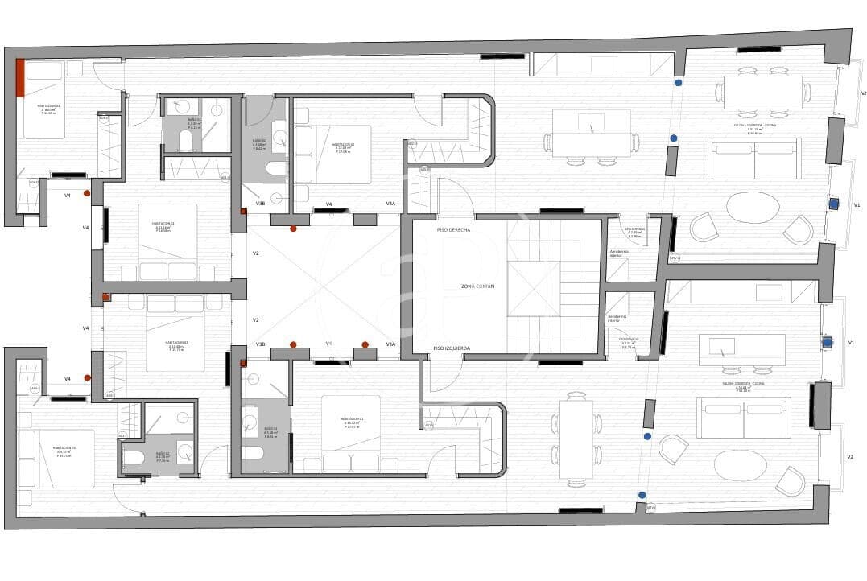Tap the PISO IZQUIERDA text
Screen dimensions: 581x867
point(452,348)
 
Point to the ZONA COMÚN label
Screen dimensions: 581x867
point(478,286)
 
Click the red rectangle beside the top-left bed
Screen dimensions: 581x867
point(20,77)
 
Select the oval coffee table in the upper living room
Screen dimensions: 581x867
point(753,208)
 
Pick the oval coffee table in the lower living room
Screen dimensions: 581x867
point(741,464)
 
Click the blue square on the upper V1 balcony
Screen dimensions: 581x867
point(834,204)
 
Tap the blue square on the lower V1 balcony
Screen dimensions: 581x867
point(827,342)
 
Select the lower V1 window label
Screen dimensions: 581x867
point(851,342)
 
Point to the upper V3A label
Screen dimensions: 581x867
point(390,204)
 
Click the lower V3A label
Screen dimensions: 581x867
point(390,344)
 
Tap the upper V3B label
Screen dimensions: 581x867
point(260,204)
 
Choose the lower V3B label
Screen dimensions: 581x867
point(260,344)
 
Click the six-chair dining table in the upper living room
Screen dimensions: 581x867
point(762,92)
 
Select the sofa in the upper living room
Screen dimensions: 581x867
point(754,159)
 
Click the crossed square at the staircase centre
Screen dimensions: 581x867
point(533,289)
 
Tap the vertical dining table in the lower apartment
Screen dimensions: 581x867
point(576,439)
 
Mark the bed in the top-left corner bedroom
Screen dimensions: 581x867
point(44,99)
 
